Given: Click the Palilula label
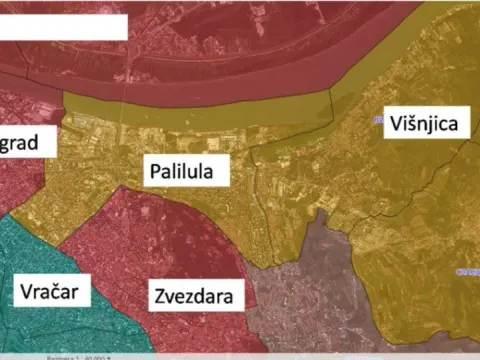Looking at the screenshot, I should coord(185,171).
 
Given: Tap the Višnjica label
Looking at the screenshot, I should coord(423,123).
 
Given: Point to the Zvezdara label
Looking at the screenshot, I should coord(194,296).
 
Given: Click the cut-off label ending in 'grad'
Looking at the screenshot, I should coord(19,143).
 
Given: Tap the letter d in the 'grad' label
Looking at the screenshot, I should coord(33,142).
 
